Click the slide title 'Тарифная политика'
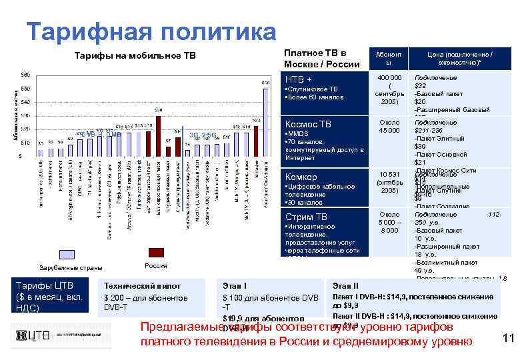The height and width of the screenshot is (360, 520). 150,31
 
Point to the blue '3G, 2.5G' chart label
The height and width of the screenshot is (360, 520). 202,135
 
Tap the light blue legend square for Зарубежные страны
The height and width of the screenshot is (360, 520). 67,254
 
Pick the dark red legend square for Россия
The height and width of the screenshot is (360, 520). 155,252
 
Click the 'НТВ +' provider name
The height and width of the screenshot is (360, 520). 299,79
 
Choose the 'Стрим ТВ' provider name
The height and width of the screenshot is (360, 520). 305,217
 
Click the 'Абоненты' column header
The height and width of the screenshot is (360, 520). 388,58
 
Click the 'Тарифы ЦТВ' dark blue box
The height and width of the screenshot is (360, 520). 49,297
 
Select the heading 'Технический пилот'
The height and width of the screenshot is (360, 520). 133,285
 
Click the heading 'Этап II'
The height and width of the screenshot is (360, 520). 345,285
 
